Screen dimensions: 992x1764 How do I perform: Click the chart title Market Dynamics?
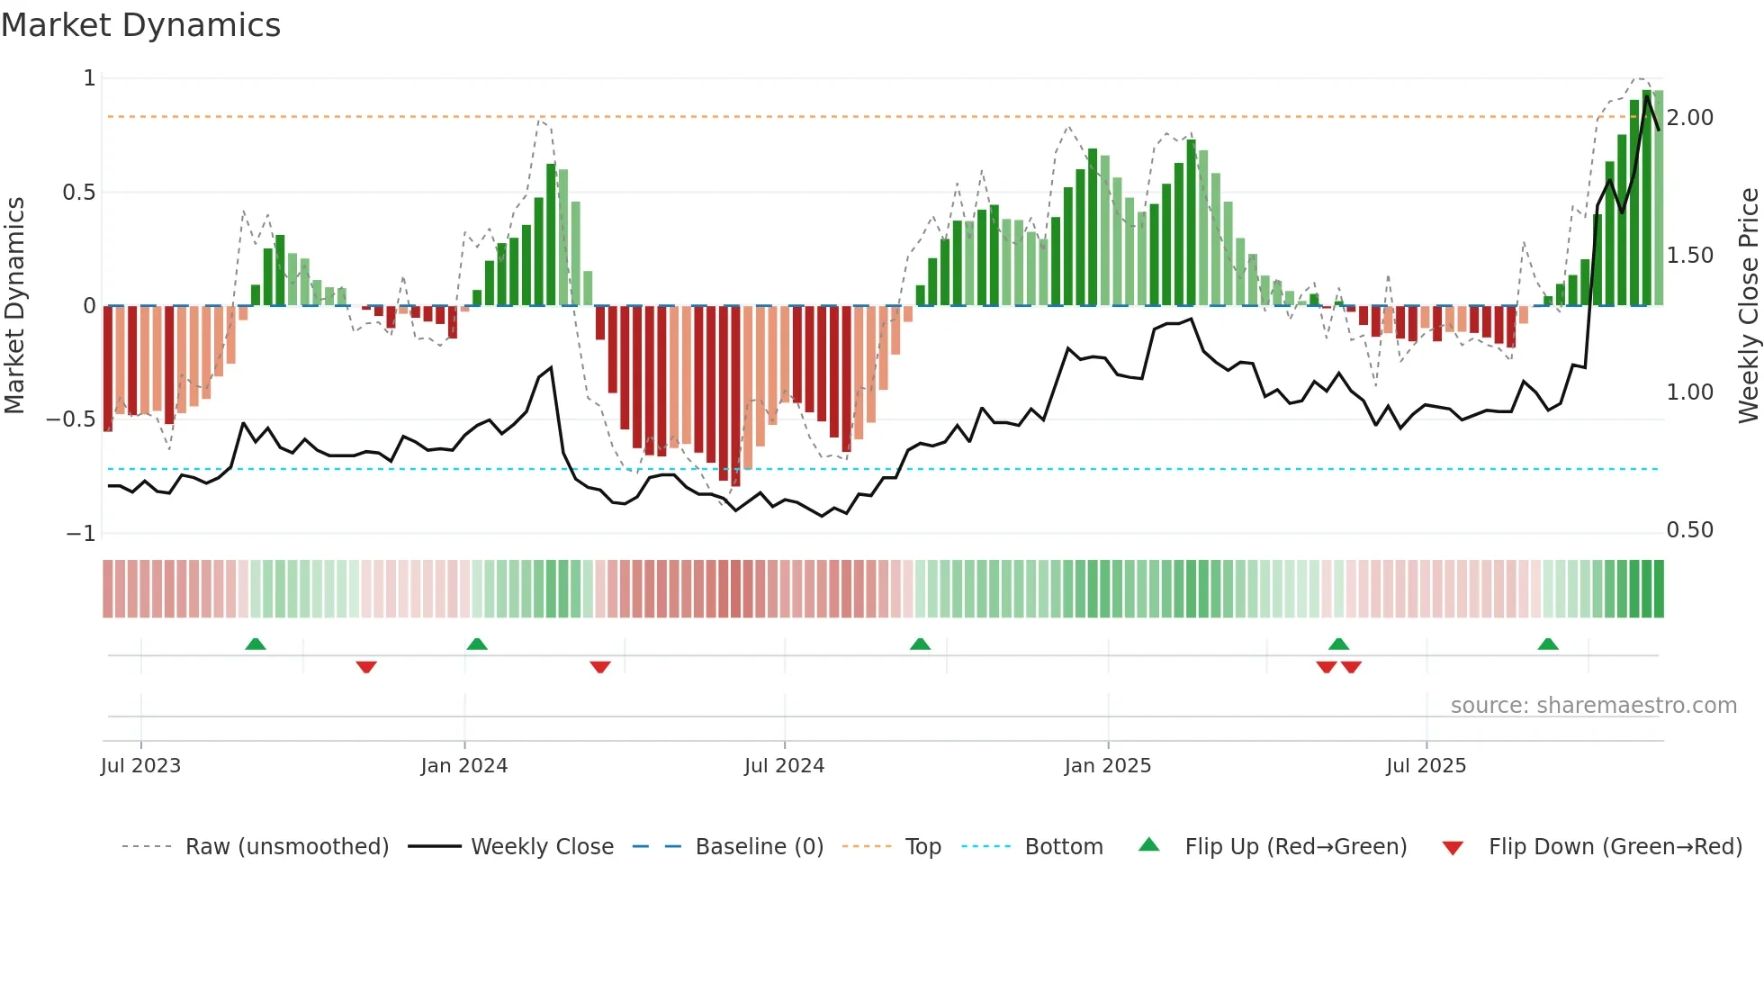pyautogui.click(x=140, y=25)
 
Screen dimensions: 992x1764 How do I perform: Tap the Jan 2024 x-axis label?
pyautogui.click(x=463, y=766)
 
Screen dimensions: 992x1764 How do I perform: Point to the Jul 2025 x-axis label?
pyautogui.click(x=1426, y=766)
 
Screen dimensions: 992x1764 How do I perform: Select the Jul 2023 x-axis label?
pyautogui.click(x=140, y=766)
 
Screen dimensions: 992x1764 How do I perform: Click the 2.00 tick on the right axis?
pyautogui.click(x=1689, y=118)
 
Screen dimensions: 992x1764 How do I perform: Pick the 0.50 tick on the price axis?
pyautogui.click(x=1689, y=530)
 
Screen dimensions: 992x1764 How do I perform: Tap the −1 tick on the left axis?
pyautogui.click(x=81, y=534)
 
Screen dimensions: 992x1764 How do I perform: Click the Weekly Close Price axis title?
pyautogui.click(x=1748, y=305)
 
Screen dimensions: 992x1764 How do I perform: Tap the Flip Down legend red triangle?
pyautogui.click(x=1452, y=848)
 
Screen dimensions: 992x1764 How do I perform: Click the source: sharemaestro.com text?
pyautogui.click(x=1593, y=706)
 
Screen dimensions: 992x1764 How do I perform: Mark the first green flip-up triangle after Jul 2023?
pyautogui.click(x=256, y=645)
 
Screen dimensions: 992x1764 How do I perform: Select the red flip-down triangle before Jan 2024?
pyautogui.click(x=365, y=667)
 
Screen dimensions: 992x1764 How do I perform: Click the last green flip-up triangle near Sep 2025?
pyautogui.click(x=1548, y=645)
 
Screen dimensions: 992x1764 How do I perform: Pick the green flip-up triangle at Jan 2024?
pyautogui.click(x=477, y=645)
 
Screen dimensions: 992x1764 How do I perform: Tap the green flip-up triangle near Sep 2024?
pyautogui.click(x=920, y=645)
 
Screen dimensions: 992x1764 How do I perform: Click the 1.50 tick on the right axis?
pyautogui.click(x=1689, y=256)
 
